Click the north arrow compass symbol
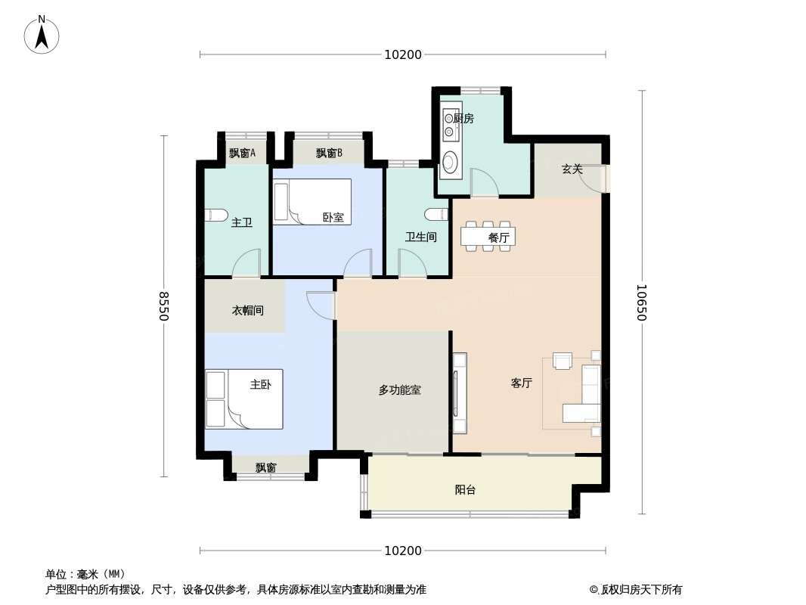tap(42, 35)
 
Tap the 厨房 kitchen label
tap(463, 119)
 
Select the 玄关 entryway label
tap(572, 169)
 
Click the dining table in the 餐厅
tap(486, 237)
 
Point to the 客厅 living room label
tap(521, 383)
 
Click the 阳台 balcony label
tap(465, 490)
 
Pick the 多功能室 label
tap(399, 390)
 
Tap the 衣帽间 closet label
tap(248, 311)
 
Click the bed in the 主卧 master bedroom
tap(244, 399)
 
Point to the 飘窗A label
tap(242, 154)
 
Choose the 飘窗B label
tap(329, 154)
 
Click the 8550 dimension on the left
tap(163, 306)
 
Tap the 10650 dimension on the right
tap(641, 302)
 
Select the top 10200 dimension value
tap(403, 54)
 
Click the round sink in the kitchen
tap(451, 162)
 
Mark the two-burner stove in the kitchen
tap(449, 125)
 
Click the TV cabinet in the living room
tap(460, 393)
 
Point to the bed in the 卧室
tap(312, 201)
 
